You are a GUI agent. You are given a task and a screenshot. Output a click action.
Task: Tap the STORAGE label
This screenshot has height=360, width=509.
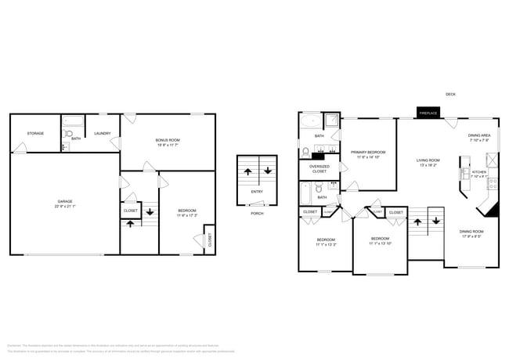click(x=35, y=133)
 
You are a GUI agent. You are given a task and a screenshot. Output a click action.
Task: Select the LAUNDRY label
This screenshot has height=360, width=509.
click(x=103, y=133)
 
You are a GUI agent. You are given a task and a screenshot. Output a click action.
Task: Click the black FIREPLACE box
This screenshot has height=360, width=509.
click(x=428, y=113)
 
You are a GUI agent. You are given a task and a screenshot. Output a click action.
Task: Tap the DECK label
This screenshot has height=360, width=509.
click(x=450, y=94)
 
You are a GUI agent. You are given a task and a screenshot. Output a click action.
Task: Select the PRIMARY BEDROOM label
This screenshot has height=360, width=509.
click(x=368, y=152)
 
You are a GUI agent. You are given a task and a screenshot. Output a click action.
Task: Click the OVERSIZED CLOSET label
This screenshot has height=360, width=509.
click(x=319, y=168)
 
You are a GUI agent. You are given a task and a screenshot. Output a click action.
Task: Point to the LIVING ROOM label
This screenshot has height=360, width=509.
click(x=428, y=160)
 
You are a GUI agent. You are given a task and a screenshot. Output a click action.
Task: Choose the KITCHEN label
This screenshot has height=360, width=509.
click(x=478, y=171)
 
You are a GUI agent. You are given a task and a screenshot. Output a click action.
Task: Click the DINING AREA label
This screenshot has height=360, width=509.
click(x=479, y=135)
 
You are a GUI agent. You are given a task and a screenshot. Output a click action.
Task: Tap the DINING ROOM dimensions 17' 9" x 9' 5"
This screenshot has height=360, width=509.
click(x=471, y=236)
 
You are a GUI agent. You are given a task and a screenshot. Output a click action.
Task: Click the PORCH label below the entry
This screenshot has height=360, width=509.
click(x=257, y=213)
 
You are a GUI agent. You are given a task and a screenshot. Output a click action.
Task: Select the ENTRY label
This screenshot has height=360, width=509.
click(x=257, y=192)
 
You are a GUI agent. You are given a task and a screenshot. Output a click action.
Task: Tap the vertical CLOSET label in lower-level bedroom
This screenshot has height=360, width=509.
click(x=209, y=240)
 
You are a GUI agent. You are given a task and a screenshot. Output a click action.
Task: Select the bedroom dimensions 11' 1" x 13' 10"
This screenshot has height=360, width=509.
click(x=380, y=243)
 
